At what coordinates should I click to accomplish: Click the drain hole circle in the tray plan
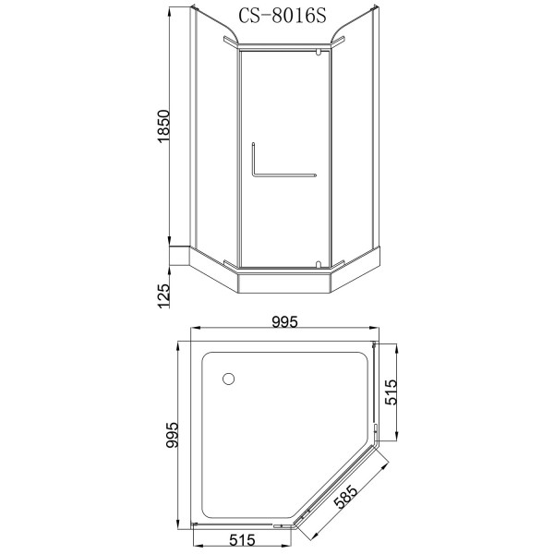coord(230,377)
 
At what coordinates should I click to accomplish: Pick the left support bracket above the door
coord(232,42)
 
